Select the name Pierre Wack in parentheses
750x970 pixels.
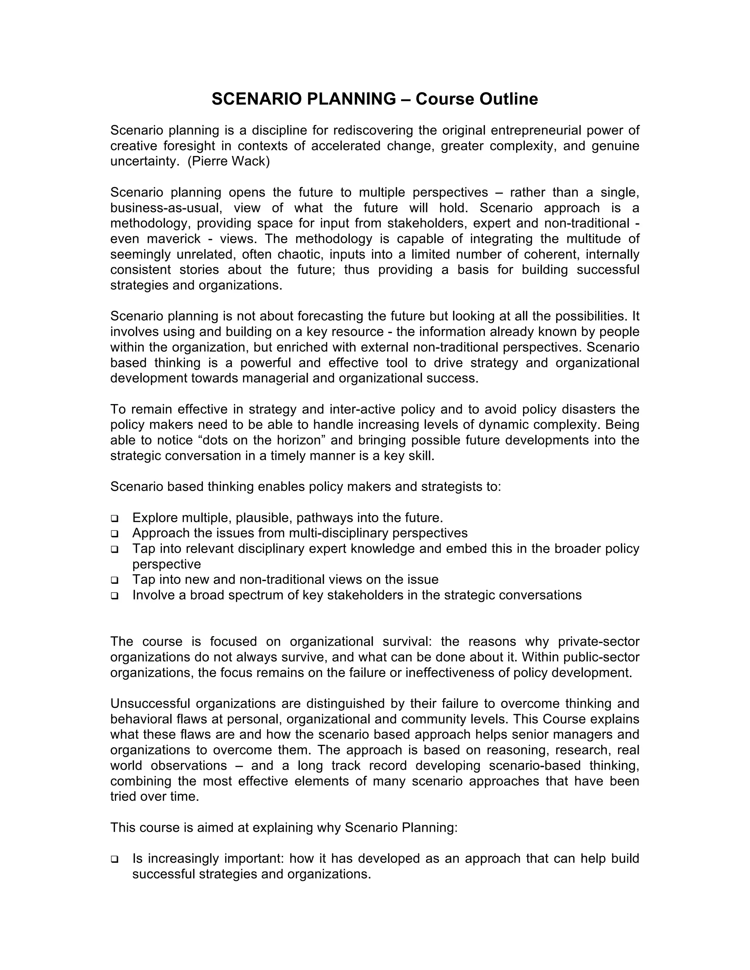(229, 161)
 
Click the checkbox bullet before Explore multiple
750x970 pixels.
(115, 518)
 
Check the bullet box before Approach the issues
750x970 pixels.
(115, 533)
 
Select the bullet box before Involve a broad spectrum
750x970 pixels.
(115, 596)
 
